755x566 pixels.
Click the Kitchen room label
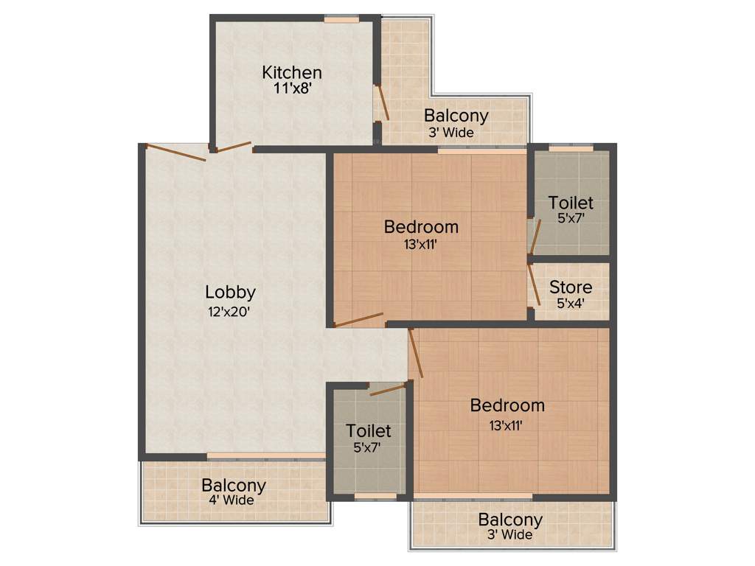click(292, 72)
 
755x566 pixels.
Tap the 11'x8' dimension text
click(292, 88)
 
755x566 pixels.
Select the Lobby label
click(230, 292)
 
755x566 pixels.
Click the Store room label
click(571, 287)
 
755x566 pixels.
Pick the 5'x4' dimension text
click(571, 302)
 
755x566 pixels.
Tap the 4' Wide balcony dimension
click(231, 500)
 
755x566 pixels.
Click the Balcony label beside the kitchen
click(456, 116)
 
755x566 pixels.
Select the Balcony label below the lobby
click(233, 486)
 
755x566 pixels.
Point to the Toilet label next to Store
click(571, 203)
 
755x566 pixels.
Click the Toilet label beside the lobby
click(369, 430)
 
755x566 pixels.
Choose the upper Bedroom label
click(421, 227)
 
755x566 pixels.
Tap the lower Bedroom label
click(507, 405)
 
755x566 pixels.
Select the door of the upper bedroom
click(358, 320)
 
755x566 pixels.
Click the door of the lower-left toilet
click(388, 388)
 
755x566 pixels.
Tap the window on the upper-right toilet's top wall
click(571, 148)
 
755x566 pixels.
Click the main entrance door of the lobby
click(175, 153)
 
